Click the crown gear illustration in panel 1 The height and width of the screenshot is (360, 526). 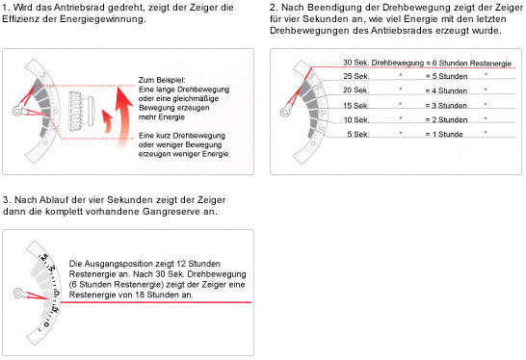[82, 111]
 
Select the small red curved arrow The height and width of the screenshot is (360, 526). [108, 121]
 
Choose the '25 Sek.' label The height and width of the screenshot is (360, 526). [355, 76]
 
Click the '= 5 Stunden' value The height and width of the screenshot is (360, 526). [446, 76]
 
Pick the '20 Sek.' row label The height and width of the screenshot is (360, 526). [355, 90]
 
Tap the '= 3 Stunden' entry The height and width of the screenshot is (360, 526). [446, 106]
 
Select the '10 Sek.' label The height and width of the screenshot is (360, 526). [356, 119]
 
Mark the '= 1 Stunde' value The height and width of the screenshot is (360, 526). [444, 134]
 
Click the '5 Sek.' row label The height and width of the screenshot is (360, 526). [358, 134]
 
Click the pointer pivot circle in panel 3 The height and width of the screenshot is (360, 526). [18, 294]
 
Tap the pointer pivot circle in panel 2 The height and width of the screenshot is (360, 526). [285, 112]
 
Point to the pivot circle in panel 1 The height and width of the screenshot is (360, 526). [17, 111]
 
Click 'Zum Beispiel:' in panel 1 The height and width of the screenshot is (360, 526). [162, 80]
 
